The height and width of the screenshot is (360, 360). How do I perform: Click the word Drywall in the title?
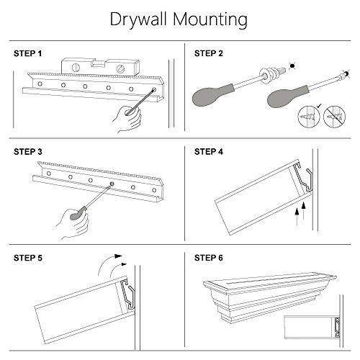[138, 20]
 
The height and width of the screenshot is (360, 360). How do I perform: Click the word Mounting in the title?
[210, 20]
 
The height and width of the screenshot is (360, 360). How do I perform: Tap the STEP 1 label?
[27, 53]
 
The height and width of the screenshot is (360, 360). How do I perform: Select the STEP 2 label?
[209, 53]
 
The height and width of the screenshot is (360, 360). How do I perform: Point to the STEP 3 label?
[28, 152]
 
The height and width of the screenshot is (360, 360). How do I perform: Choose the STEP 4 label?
[209, 152]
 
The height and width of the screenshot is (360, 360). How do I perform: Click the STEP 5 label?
[28, 258]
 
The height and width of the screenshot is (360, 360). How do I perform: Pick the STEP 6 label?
[209, 258]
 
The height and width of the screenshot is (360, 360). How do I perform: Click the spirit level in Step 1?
[100, 67]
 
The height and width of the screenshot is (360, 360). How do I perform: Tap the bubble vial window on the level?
[97, 63]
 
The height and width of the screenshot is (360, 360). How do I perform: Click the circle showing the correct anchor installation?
[309, 117]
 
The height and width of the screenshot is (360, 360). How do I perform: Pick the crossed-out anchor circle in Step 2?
[335, 117]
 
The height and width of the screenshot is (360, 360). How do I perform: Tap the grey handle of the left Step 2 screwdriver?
[212, 95]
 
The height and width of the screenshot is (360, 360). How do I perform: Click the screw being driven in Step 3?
[112, 184]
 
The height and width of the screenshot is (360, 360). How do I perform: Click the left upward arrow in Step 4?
[297, 217]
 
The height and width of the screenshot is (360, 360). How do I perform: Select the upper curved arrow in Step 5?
[108, 264]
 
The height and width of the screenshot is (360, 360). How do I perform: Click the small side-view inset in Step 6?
[312, 327]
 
